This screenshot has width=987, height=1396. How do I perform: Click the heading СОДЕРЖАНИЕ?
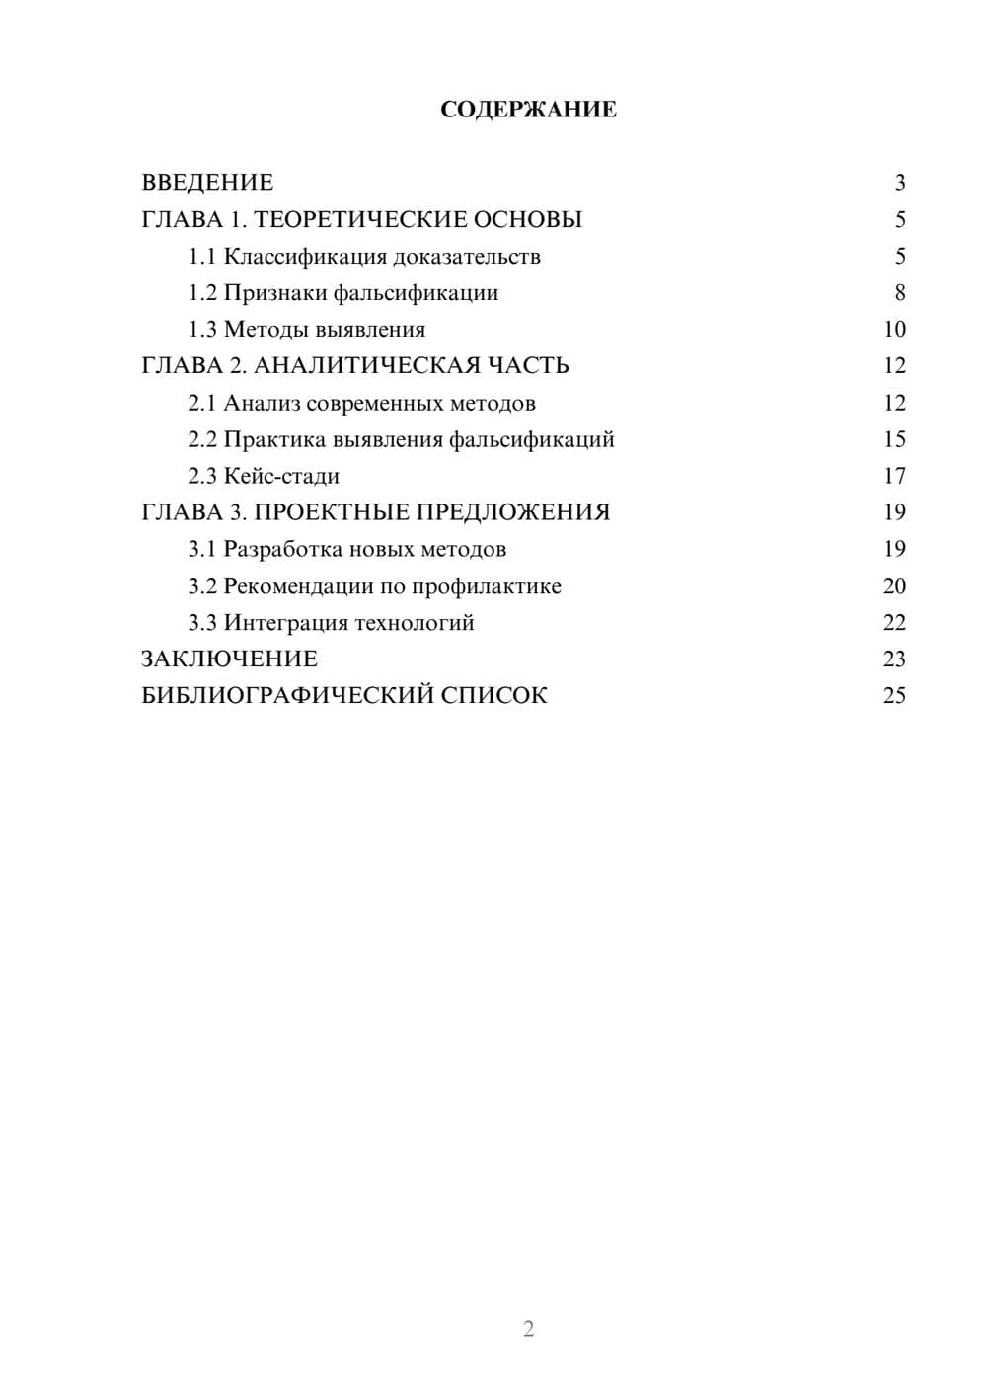tap(528, 110)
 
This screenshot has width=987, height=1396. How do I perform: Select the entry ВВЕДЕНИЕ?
tap(207, 183)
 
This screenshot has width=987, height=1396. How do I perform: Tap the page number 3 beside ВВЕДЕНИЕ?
tap(899, 183)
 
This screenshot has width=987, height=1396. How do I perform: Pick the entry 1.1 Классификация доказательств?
tap(364, 257)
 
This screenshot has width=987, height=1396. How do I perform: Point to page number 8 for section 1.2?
tap(899, 293)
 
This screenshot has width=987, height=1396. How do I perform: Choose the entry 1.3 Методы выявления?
tap(307, 330)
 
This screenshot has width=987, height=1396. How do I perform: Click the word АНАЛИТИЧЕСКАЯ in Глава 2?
tap(369, 366)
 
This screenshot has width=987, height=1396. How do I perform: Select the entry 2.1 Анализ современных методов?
tap(362, 403)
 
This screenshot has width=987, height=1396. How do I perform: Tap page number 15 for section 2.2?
tap(894, 439)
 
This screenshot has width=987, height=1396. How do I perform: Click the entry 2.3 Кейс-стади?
tap(264, 476)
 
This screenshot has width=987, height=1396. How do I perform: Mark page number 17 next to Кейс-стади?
tap(894, 476)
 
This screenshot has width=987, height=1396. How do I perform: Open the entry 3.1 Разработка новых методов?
tap(347, 549)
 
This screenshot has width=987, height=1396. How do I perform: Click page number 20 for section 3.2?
tap(894, 586)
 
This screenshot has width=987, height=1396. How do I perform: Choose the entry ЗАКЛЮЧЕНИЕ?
tap(229, 659)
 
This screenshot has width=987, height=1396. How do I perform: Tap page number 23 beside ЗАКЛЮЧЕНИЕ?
tap(894, 659)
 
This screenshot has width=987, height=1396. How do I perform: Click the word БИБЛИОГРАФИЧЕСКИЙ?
tap(287, 696)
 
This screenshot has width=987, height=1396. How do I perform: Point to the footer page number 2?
tap(528, 1329)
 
